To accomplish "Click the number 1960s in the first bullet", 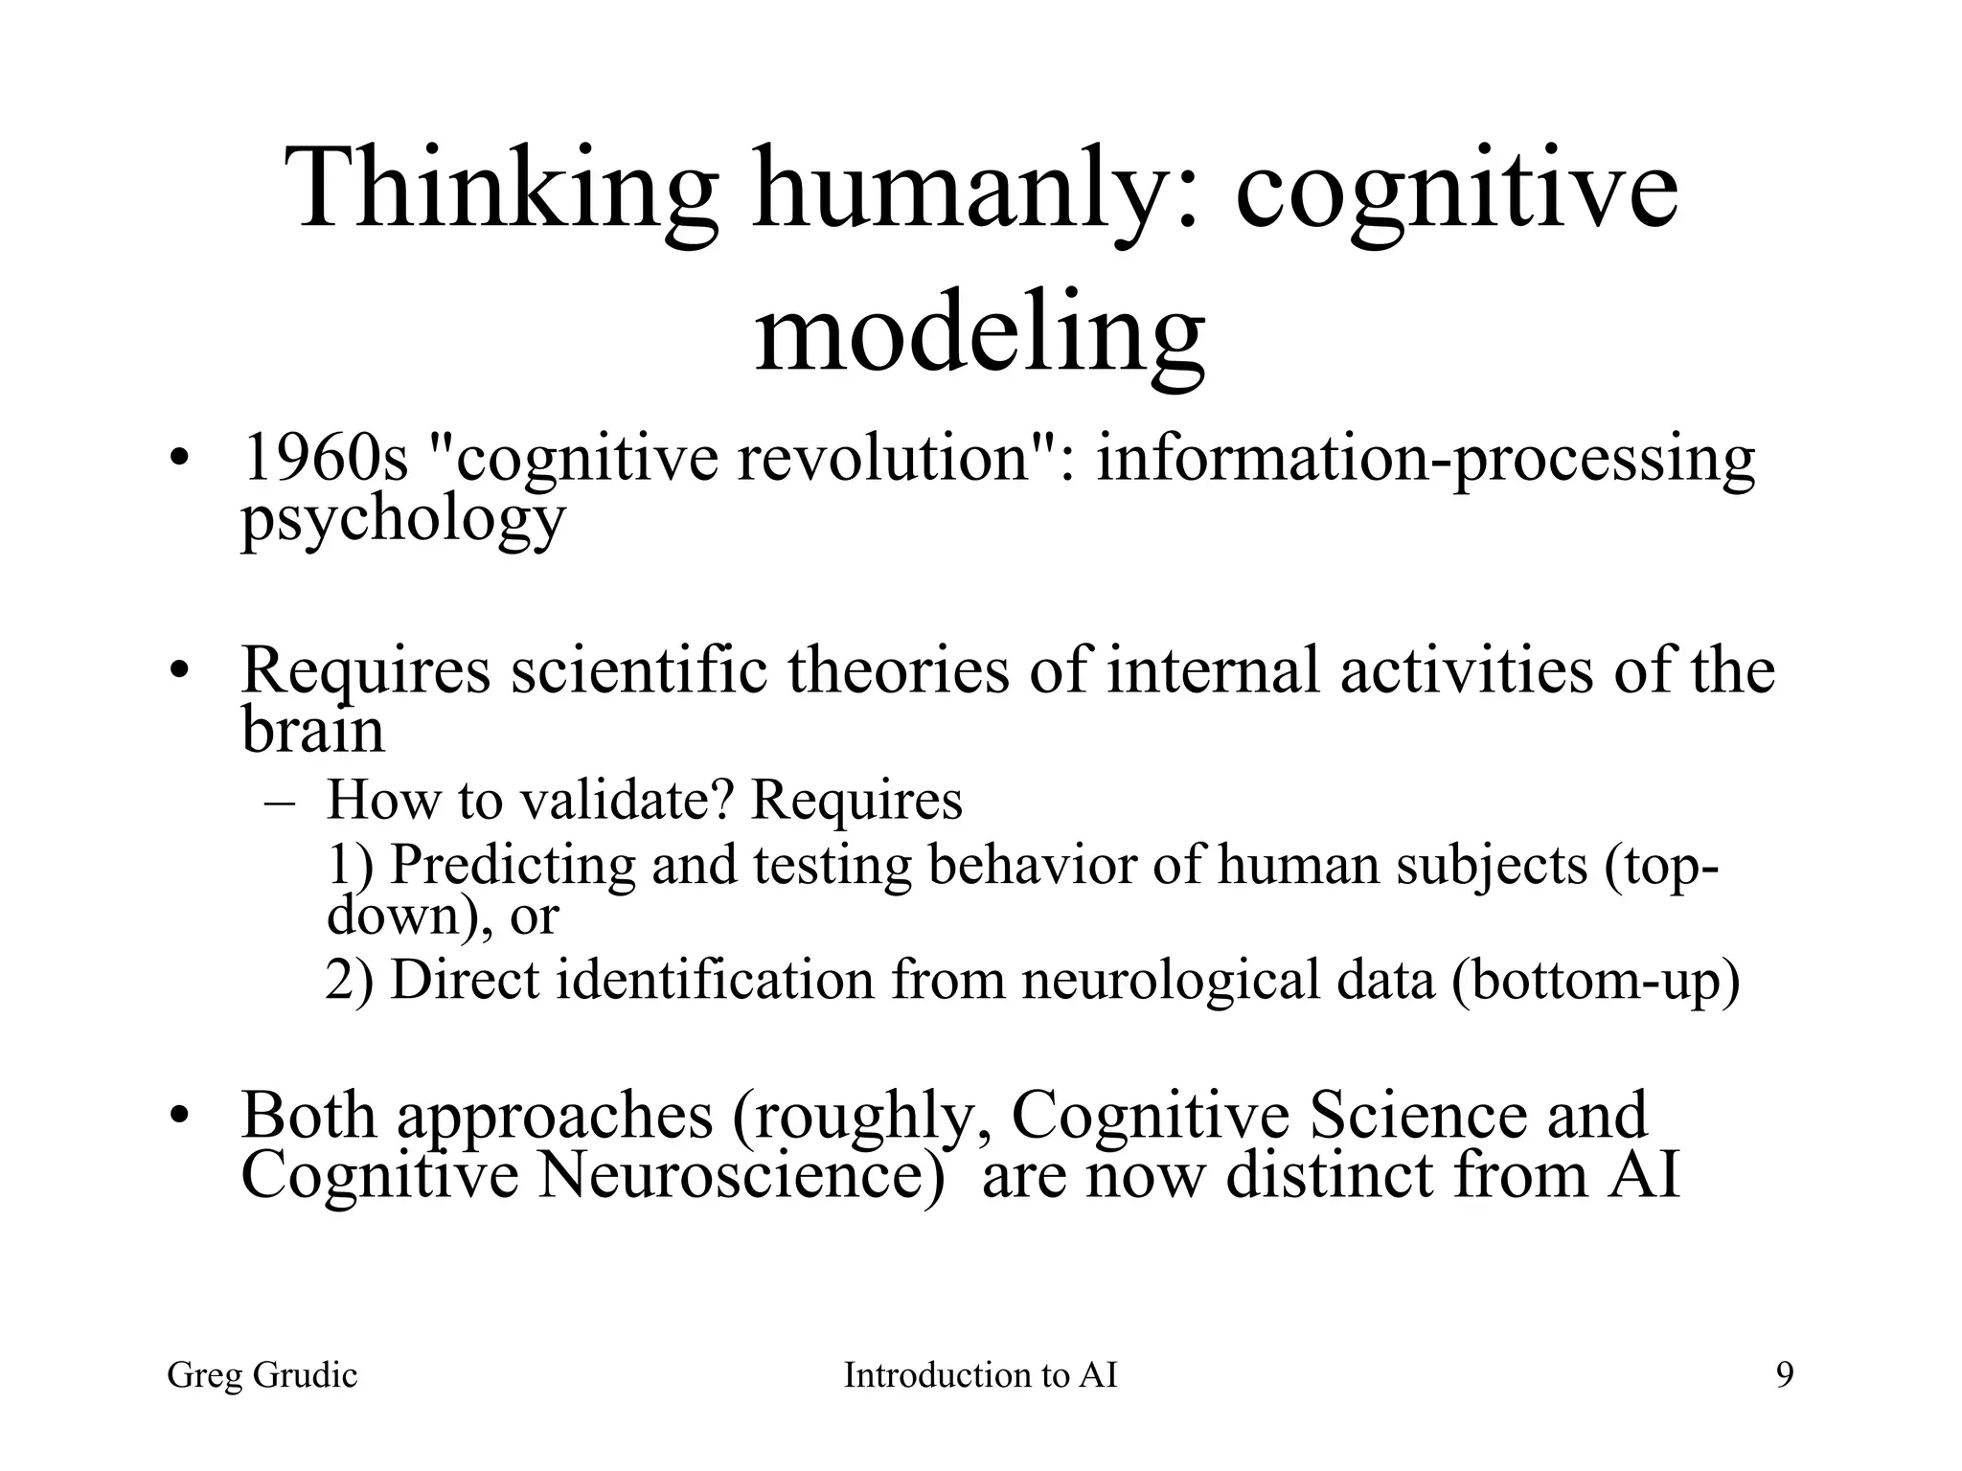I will point(326,458).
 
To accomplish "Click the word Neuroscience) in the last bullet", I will point(741,1175).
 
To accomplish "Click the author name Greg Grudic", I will point(262,1376).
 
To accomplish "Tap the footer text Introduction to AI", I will point(980,1376).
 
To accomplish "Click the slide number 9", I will point(1785,1376).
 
